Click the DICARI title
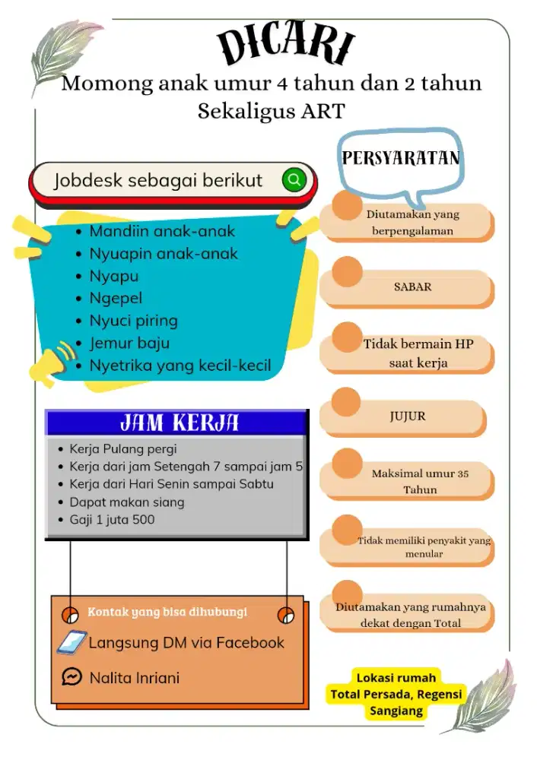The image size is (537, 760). click(287, 45)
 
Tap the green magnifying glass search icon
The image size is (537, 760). click(294, 180)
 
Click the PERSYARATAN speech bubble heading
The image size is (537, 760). click(401, 158)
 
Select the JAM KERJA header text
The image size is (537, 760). click(180, 423)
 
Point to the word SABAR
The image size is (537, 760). click(412, 287)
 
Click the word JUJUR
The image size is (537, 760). click(408, 416)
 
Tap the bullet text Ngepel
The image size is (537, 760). click(116, 298)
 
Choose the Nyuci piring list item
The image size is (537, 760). click(133, 320)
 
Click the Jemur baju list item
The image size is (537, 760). click(129, 343)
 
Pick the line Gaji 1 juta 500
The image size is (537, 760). click(112, 520)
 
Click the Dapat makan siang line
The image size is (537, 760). click(126, 502)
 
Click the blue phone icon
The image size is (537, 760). click(71, 642)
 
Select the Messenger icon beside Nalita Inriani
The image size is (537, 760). click(71, 676)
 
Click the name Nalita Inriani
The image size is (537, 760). click(135, 677)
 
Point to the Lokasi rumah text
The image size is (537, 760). click(396, 677)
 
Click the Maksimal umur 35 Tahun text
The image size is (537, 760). click(420, 482)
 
